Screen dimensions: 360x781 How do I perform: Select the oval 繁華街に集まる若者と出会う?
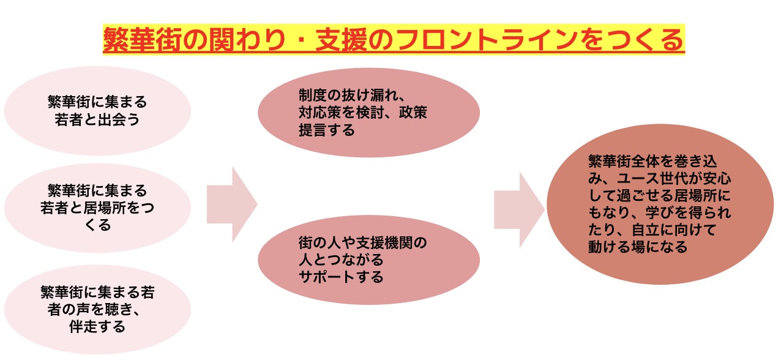point(97,110)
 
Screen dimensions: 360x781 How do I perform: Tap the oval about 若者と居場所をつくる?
point(97,208)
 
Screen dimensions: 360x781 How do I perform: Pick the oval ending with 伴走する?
point(97,310)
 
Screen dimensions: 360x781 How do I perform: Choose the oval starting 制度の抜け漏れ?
point(368,113)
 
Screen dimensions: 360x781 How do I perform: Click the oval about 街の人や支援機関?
point(368,260)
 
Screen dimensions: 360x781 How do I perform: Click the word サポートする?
point(341,277)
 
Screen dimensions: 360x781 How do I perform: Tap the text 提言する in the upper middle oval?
point(326,130)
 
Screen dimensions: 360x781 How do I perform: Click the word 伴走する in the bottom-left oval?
point(98,326)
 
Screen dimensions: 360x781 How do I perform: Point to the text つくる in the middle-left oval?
point(97,225)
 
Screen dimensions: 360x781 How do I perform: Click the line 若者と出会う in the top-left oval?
point(97,119)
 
